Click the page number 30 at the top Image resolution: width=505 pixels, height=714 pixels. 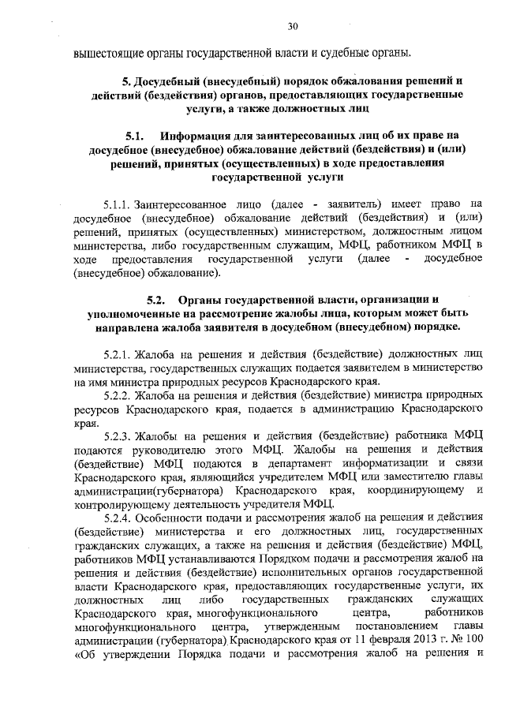[292, 27]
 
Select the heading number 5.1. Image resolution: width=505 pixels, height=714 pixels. [133, 135]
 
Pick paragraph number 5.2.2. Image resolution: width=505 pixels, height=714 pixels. [118, 394]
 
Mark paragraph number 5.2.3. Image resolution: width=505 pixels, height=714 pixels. [118, 435]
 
